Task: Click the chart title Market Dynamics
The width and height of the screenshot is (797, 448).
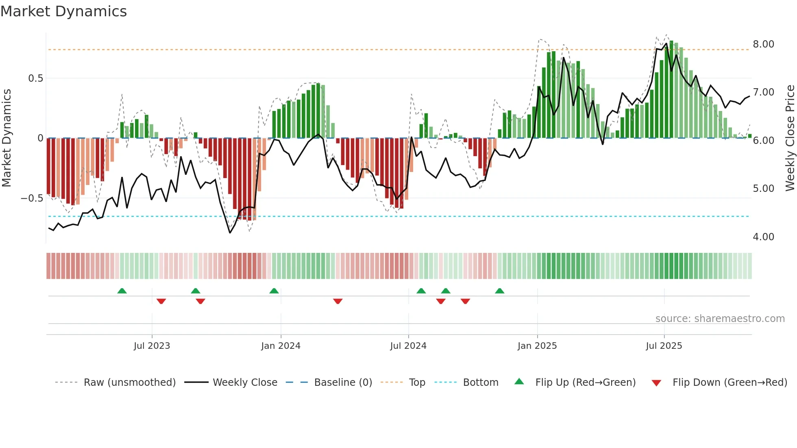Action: (63, 11)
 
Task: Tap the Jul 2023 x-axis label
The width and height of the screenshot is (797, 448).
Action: (152, 346)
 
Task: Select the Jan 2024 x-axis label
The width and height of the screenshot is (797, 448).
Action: (281, 346)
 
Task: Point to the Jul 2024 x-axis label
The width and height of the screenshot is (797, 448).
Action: (408, 346)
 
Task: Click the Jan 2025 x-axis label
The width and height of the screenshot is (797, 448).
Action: (537, 346)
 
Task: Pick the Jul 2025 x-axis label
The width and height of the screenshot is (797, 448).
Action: (664, 346)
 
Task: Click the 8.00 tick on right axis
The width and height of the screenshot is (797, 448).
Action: (763, 44)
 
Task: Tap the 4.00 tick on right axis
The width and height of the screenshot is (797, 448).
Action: (763, 237)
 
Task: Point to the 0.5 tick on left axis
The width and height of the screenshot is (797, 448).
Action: (35, 78)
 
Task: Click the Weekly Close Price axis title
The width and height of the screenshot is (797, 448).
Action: (790, 138)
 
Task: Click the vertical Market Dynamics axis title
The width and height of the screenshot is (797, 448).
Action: (7, 138)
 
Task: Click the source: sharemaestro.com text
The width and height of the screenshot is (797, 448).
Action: (720, 319)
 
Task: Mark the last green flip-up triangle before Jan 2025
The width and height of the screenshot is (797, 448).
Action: (500, 291)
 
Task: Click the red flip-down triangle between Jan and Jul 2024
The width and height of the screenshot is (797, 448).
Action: (338, 301)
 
